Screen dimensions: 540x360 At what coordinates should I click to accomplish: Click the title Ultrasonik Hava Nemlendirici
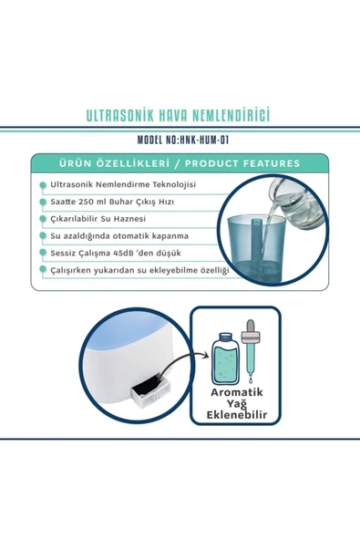point(179,117)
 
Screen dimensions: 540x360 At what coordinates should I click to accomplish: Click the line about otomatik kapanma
point(120,236)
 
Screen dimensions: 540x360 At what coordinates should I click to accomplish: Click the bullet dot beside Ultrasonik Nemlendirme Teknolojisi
point(42,185)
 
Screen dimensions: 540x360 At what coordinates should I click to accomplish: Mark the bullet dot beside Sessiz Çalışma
point(42,254)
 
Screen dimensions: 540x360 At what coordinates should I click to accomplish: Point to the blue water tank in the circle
point(269,244)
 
